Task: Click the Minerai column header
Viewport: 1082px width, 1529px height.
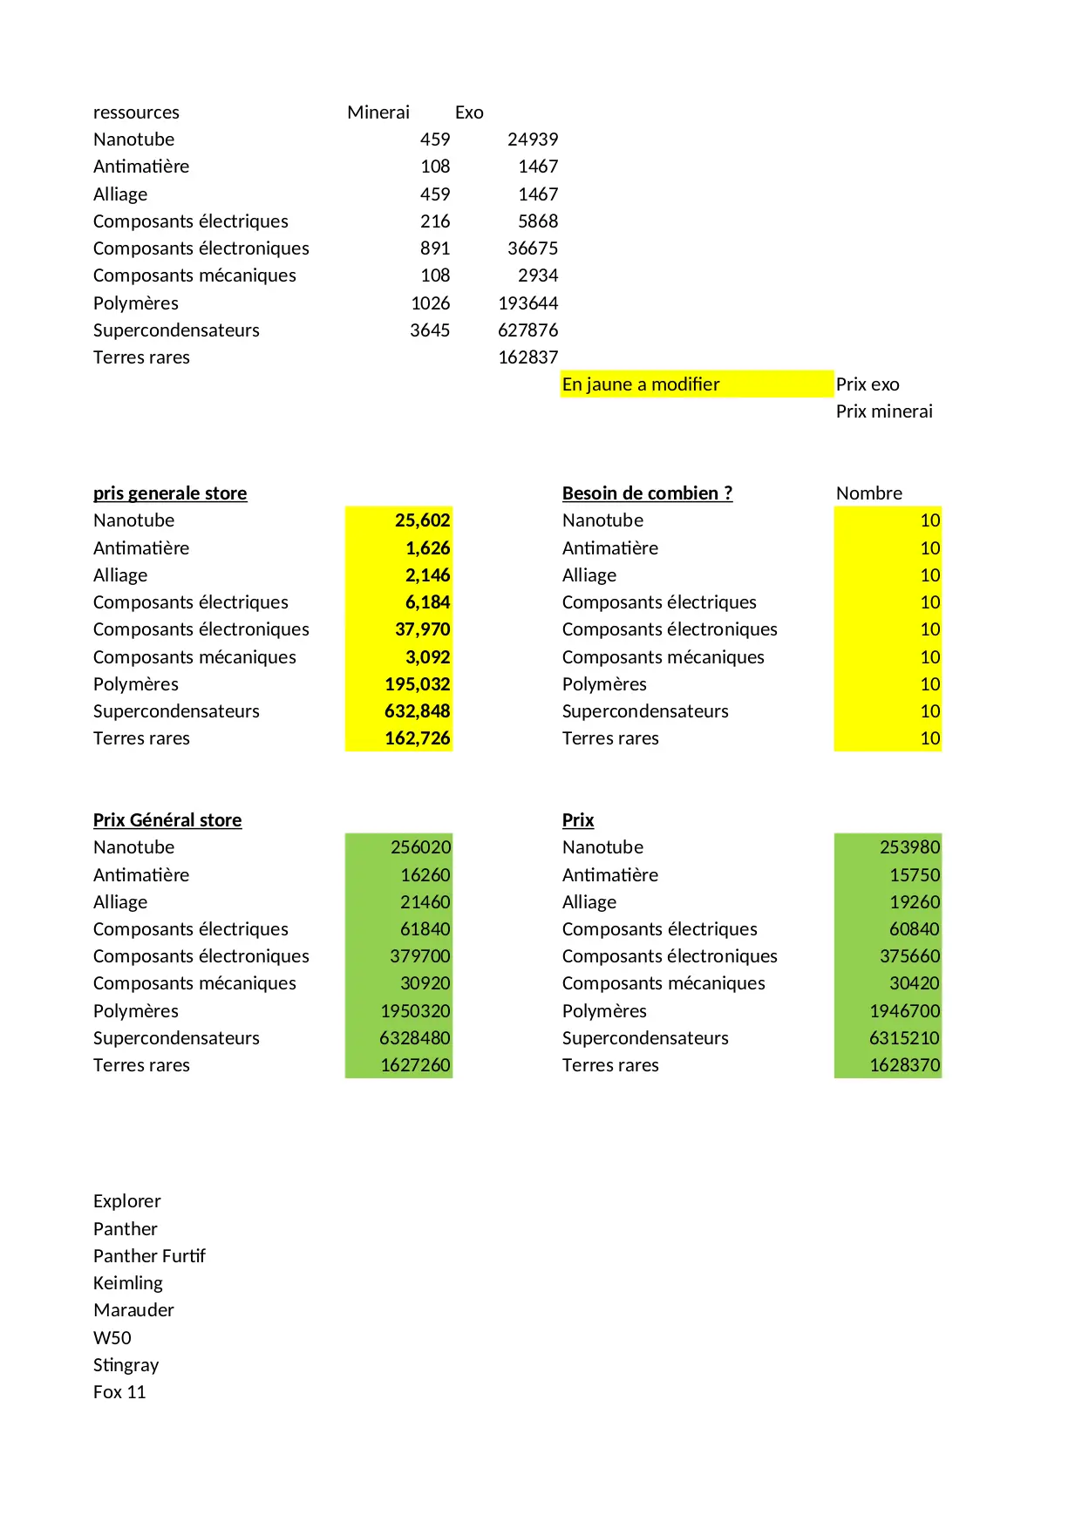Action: pos(378,112)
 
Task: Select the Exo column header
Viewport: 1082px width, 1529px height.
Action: pos(469,112)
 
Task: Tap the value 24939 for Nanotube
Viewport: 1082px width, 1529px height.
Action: pos(532,139)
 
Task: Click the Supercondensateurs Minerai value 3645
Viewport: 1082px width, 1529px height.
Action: pos(430,330)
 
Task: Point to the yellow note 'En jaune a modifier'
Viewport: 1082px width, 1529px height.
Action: pos(641,384)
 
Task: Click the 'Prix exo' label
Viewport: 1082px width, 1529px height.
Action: pos(868,384)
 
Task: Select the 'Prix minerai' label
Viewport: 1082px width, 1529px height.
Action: pos(884,411)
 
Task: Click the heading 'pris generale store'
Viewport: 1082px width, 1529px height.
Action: pos(170,493)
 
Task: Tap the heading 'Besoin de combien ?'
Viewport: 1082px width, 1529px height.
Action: pos(647,493)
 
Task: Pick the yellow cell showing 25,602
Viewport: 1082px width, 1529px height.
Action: pos(422,520)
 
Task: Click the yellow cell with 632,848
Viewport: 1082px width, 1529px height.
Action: pos(417,711)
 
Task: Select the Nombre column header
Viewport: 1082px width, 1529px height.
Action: pos(869,493)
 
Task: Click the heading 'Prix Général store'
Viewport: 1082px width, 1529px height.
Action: pos(167,820)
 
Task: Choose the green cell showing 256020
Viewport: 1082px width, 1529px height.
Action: pos(420,847)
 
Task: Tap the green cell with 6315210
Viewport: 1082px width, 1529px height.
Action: pos(904,1038)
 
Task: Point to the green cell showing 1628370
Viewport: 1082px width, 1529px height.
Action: pos(904,1065)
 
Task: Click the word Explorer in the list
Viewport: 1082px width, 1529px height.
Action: pos(127,1201)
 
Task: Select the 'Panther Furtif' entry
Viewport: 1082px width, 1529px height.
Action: pos(149,1256)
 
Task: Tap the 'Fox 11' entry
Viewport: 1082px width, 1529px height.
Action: pos(119,1392)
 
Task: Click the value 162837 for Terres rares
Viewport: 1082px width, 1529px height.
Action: pos(527,357)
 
